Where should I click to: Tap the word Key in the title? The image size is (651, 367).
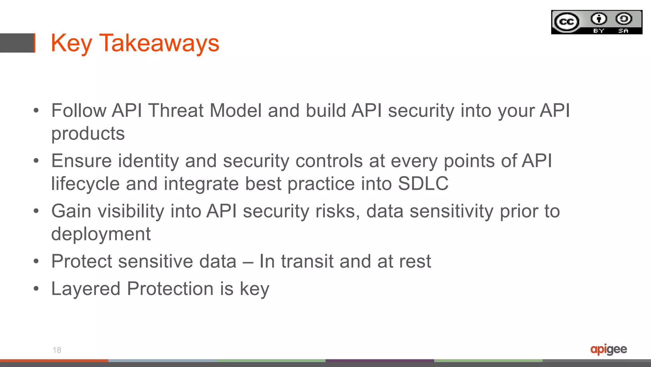pos(71,44)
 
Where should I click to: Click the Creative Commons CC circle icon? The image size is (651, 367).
pos(566,22)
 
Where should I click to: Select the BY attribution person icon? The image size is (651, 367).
pos(599,19)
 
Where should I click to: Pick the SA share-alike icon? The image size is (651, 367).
pos(624,19)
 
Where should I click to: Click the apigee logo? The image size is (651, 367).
pos(608,349)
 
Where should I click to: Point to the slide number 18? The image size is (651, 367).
pos(57,350)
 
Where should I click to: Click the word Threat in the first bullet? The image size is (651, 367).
pos(176,110)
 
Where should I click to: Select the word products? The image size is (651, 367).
pos(88,133)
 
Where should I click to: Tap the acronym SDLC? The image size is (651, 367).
pos(423,184)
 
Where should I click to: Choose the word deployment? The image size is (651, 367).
pos(101,234)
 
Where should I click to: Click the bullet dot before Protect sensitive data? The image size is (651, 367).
pos(36,262)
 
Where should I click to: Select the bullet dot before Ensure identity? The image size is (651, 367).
pos(36,161)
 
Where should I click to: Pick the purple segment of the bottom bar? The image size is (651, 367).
pos(380,361)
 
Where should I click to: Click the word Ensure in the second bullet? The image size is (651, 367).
pos(81,161)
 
